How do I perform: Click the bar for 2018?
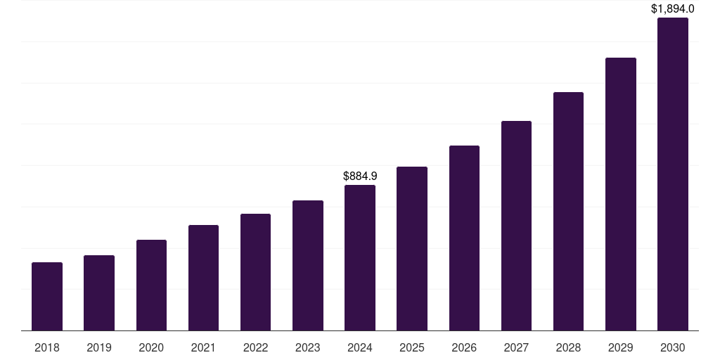point(47,296)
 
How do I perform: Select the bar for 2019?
point(99,292)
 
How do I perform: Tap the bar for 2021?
point(203,278)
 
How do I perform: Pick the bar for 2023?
point(308,265)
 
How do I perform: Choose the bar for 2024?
point(360,257)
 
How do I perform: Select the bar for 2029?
point(621,194)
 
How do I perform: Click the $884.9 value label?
point(360,176)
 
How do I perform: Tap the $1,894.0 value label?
point(673,9)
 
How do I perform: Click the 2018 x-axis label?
point(47,347)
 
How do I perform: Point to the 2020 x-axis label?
point(151,347)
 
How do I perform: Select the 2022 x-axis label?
point(255,347)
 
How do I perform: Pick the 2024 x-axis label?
point(360,347)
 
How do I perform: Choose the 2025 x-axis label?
point(412,347)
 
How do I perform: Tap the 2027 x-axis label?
point(516,347)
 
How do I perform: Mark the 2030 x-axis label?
point(673,347)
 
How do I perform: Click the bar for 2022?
point(255,272)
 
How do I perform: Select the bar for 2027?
point(516,226)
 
